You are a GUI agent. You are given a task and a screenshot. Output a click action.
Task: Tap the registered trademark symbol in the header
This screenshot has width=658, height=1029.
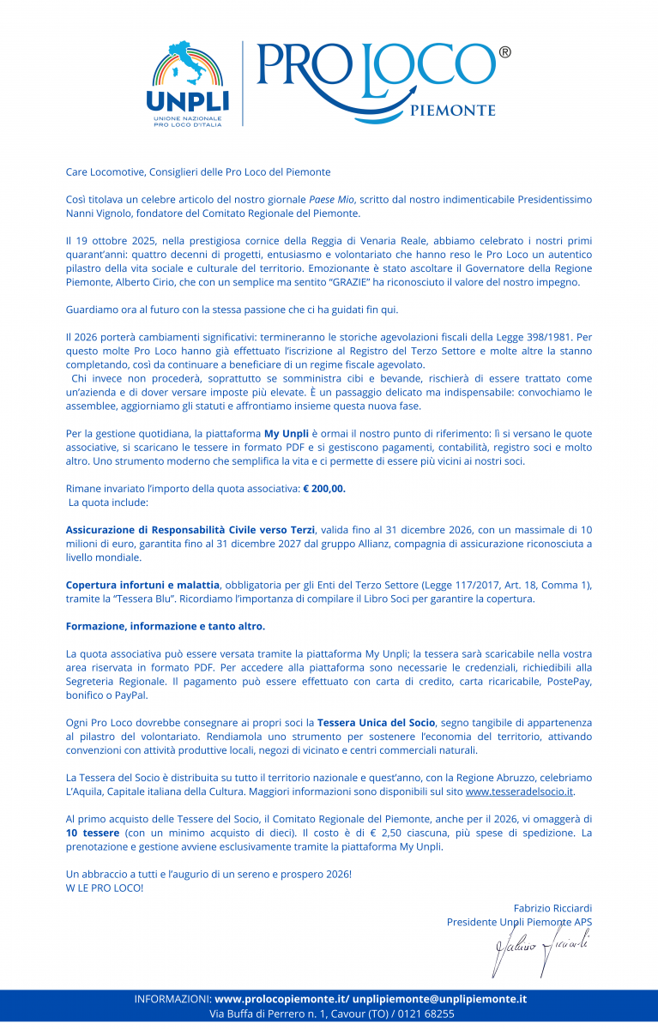point(504,52)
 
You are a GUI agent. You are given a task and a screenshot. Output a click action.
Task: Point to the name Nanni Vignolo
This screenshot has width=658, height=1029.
point(105,213)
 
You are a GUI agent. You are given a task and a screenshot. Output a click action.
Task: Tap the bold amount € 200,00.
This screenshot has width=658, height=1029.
point(324,488)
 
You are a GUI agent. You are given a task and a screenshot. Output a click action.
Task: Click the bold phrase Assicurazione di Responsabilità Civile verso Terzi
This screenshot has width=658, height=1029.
point(190,530)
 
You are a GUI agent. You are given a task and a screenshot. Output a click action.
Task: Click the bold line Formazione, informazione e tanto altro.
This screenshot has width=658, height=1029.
point(166,626)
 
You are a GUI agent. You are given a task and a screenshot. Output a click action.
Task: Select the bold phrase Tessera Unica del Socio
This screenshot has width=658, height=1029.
point(376,723)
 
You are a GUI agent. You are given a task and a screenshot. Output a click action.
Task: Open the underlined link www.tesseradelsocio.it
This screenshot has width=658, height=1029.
point(519,791)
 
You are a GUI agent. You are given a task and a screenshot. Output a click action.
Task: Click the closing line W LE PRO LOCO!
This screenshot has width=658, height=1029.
point(105,888)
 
